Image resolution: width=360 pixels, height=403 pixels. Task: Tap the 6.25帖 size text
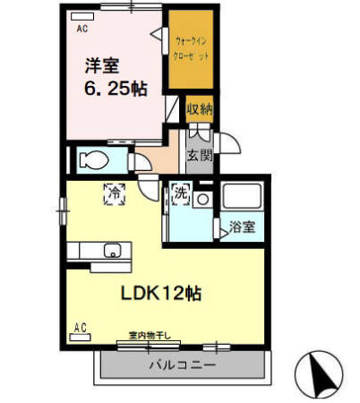click(x=117, y=88)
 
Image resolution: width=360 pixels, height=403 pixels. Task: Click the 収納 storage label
click(x=200, y=109)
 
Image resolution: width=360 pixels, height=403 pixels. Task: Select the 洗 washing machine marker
click(x=180, y=193)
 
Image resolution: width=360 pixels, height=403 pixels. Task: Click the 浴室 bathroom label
click(x=242, y=227)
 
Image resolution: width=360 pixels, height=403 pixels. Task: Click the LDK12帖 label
click(x=161, y=292)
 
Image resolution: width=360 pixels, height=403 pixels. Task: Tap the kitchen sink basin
click(x=114, y=250)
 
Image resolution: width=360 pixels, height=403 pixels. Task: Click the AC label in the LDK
click(x=80, y=327)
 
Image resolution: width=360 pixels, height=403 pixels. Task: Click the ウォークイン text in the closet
click(x=193, y=40)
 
